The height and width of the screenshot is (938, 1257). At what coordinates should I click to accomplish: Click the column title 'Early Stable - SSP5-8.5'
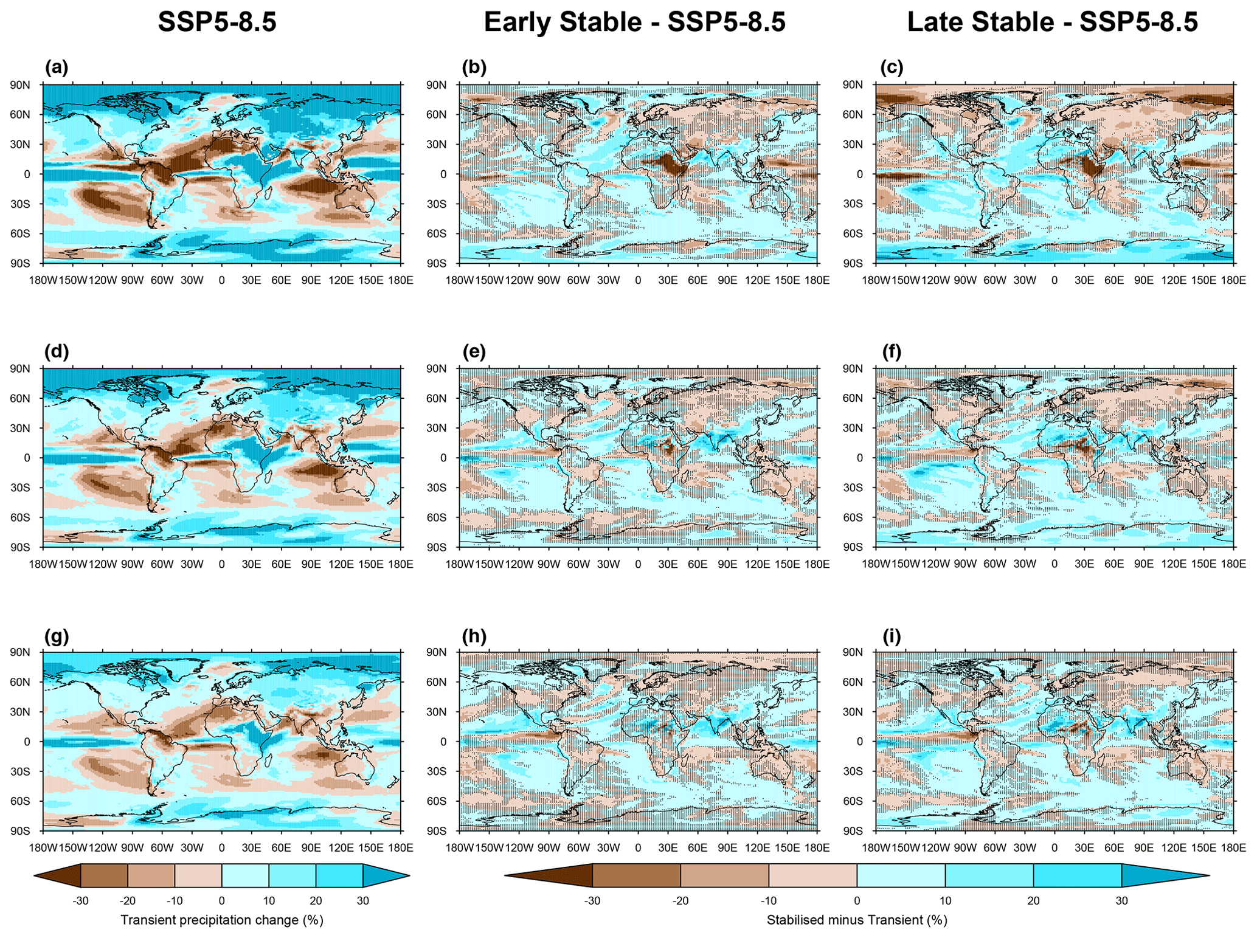click(634, 22)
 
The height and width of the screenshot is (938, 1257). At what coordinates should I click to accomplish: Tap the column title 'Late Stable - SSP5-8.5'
click(1052, 22)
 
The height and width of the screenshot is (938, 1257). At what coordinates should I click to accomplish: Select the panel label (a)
click(57, 67)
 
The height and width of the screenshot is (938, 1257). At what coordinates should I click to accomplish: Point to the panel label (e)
click(474, 351)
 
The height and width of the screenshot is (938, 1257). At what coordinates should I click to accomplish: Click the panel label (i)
click(892, 636)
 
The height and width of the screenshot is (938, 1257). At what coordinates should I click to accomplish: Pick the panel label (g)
click(57, 636)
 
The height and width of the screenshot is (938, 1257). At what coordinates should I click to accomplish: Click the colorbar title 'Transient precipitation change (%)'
click(221, 920)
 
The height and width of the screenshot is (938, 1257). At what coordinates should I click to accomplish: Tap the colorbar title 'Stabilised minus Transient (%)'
click(857, 920)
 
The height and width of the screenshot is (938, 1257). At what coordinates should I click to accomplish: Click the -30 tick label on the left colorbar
click(80, 900)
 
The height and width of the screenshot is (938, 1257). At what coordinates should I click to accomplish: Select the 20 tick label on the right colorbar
click(1033, 900)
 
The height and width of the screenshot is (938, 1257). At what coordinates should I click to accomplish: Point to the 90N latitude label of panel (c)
click(852, 84)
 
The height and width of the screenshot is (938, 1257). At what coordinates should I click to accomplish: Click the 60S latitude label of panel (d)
click(19, 517)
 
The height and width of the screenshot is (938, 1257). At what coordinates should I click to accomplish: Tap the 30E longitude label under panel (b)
click(668, 280)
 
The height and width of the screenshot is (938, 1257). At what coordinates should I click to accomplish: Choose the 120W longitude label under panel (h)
click(519, 848)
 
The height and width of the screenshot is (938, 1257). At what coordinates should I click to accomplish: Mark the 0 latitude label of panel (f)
click(859, 458)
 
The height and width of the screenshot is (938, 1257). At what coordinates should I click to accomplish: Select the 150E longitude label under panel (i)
click(1203, 848)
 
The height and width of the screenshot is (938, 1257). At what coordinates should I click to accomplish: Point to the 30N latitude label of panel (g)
click(19, 712)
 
